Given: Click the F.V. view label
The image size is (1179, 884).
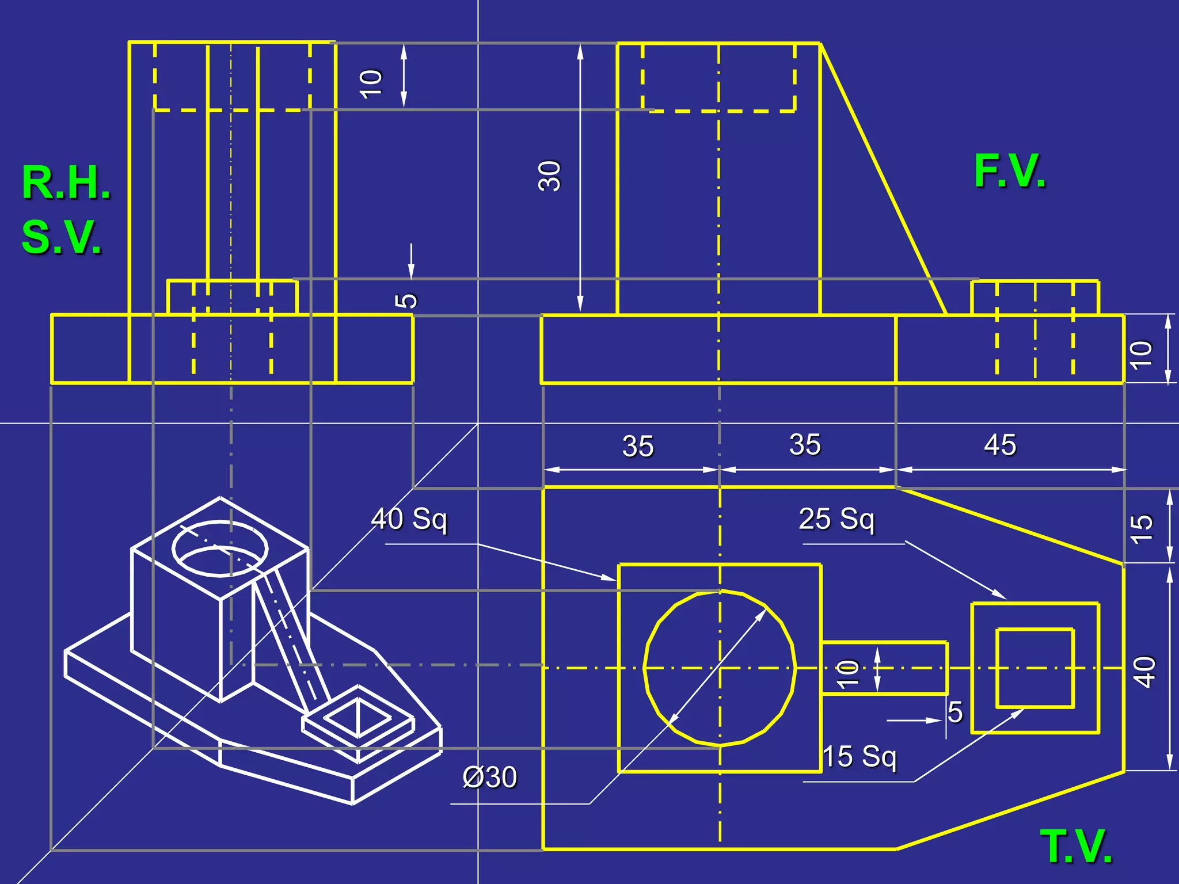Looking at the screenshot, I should point(1010,172).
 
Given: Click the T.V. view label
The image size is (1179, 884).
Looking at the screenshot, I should point(1076,847).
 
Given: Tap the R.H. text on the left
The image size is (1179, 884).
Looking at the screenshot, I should point(66,183).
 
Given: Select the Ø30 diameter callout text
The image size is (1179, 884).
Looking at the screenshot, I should point(490,778).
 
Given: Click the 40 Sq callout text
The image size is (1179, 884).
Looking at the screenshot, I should point(409,519).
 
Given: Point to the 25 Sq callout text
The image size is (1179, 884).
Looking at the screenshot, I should point(836,519).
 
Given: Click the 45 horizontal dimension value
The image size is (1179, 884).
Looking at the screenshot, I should point(1000,445).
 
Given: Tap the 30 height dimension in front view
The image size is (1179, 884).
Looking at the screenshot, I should point(549,176).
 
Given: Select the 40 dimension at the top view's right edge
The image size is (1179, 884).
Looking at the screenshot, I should point(1144,672).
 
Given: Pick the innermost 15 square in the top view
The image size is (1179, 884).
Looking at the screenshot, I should point(1035,668).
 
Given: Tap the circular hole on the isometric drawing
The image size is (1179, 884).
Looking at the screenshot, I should point(220,548).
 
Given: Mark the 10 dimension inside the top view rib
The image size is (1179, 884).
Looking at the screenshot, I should point(849,673).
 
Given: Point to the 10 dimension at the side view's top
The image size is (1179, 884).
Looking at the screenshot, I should point(371,83).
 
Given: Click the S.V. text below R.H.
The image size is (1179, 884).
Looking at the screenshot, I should point(62,237).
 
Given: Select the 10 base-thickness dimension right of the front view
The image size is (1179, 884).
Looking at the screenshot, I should point(1141,354).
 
